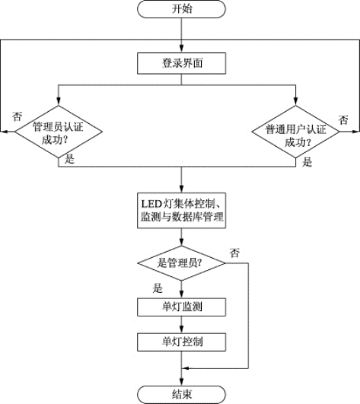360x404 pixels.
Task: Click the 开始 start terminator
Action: click(x=181, y=9)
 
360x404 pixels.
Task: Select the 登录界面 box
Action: click(x=181, y=63)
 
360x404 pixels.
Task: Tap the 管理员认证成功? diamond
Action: click(x=59, y=132)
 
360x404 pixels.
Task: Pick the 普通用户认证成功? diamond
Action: click(x=295, y=132)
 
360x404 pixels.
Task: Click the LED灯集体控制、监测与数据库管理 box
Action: click(x=181, y=211)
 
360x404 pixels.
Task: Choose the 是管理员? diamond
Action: click(x=181, y=263)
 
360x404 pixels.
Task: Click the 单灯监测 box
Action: click(x=181, y=307)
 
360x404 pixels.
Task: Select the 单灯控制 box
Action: click(x=181, y=342)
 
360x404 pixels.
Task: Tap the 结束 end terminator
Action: click(x=181, y=394)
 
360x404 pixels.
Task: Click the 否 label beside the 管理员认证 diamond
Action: click(x=18, y=116)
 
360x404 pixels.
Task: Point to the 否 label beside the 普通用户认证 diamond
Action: click(x=343, y=120)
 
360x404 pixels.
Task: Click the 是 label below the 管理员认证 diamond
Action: click(x=69, y=158)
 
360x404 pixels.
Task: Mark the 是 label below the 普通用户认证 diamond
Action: click(x=307, y=162)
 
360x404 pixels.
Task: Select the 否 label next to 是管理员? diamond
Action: click(x=234, y=253)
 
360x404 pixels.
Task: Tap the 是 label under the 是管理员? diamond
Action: click(x=158, y=288)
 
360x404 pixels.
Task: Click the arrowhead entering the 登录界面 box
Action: click(x=181, y=49)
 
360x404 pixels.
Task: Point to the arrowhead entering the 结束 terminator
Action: click(x=181, y=382)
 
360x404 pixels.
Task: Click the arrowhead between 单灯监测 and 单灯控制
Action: click(x=181, y=329)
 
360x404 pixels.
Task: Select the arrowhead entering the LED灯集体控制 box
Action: click(x=181, y=189)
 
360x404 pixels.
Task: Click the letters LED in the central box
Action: click(x=151, y=204)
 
